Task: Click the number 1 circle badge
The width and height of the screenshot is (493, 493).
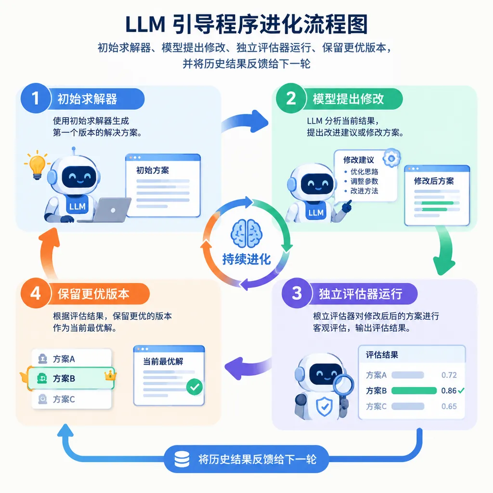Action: (36, 98)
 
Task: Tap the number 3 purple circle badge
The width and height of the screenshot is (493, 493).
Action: (297, 293)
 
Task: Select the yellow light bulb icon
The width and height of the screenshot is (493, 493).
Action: (37, 165)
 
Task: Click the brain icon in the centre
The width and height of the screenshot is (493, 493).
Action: (247, 234)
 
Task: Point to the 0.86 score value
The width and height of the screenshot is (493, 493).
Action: (449, 390)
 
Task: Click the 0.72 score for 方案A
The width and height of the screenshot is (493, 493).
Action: (449, 375)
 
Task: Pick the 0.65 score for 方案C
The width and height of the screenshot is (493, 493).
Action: (449, 406)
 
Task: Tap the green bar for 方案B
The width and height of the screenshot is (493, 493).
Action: (414, 390)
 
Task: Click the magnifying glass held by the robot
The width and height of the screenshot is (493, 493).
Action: (344, 386)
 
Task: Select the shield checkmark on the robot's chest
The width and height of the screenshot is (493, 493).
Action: (324, 406)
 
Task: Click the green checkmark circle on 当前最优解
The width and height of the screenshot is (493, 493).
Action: (195, 387)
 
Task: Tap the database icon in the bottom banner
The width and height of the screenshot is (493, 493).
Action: (182, 459)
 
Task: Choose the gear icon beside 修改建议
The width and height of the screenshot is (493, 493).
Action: (391, 158)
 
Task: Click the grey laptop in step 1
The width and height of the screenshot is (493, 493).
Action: (106, 210)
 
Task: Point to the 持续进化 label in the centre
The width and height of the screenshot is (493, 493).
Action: (247, 259)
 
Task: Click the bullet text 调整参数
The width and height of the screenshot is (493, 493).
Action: (364, 181)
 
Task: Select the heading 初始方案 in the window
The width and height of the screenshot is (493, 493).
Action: (153, 170)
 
